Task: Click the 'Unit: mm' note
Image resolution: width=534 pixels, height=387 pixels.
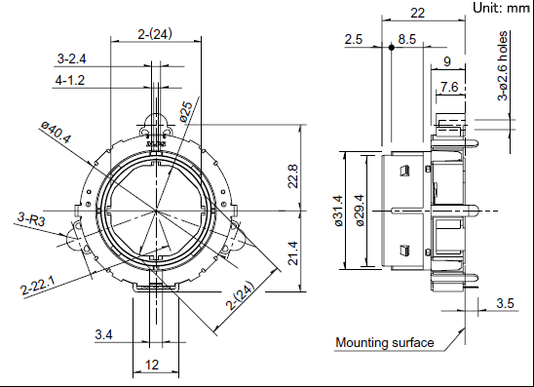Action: (501, 8)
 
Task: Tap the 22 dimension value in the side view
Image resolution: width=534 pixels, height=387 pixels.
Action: (417, 13)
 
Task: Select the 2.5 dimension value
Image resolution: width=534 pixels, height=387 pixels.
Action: (353, 39)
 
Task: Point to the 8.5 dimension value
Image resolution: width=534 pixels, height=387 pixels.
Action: (407, 39)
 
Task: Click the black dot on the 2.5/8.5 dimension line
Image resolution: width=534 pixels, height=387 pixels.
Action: (392, 48)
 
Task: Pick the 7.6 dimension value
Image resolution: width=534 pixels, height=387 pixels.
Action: (449, 87)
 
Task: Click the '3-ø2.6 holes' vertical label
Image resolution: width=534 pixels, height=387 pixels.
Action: (502, 66)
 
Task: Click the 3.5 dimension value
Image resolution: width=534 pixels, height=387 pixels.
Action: (505, 302)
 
